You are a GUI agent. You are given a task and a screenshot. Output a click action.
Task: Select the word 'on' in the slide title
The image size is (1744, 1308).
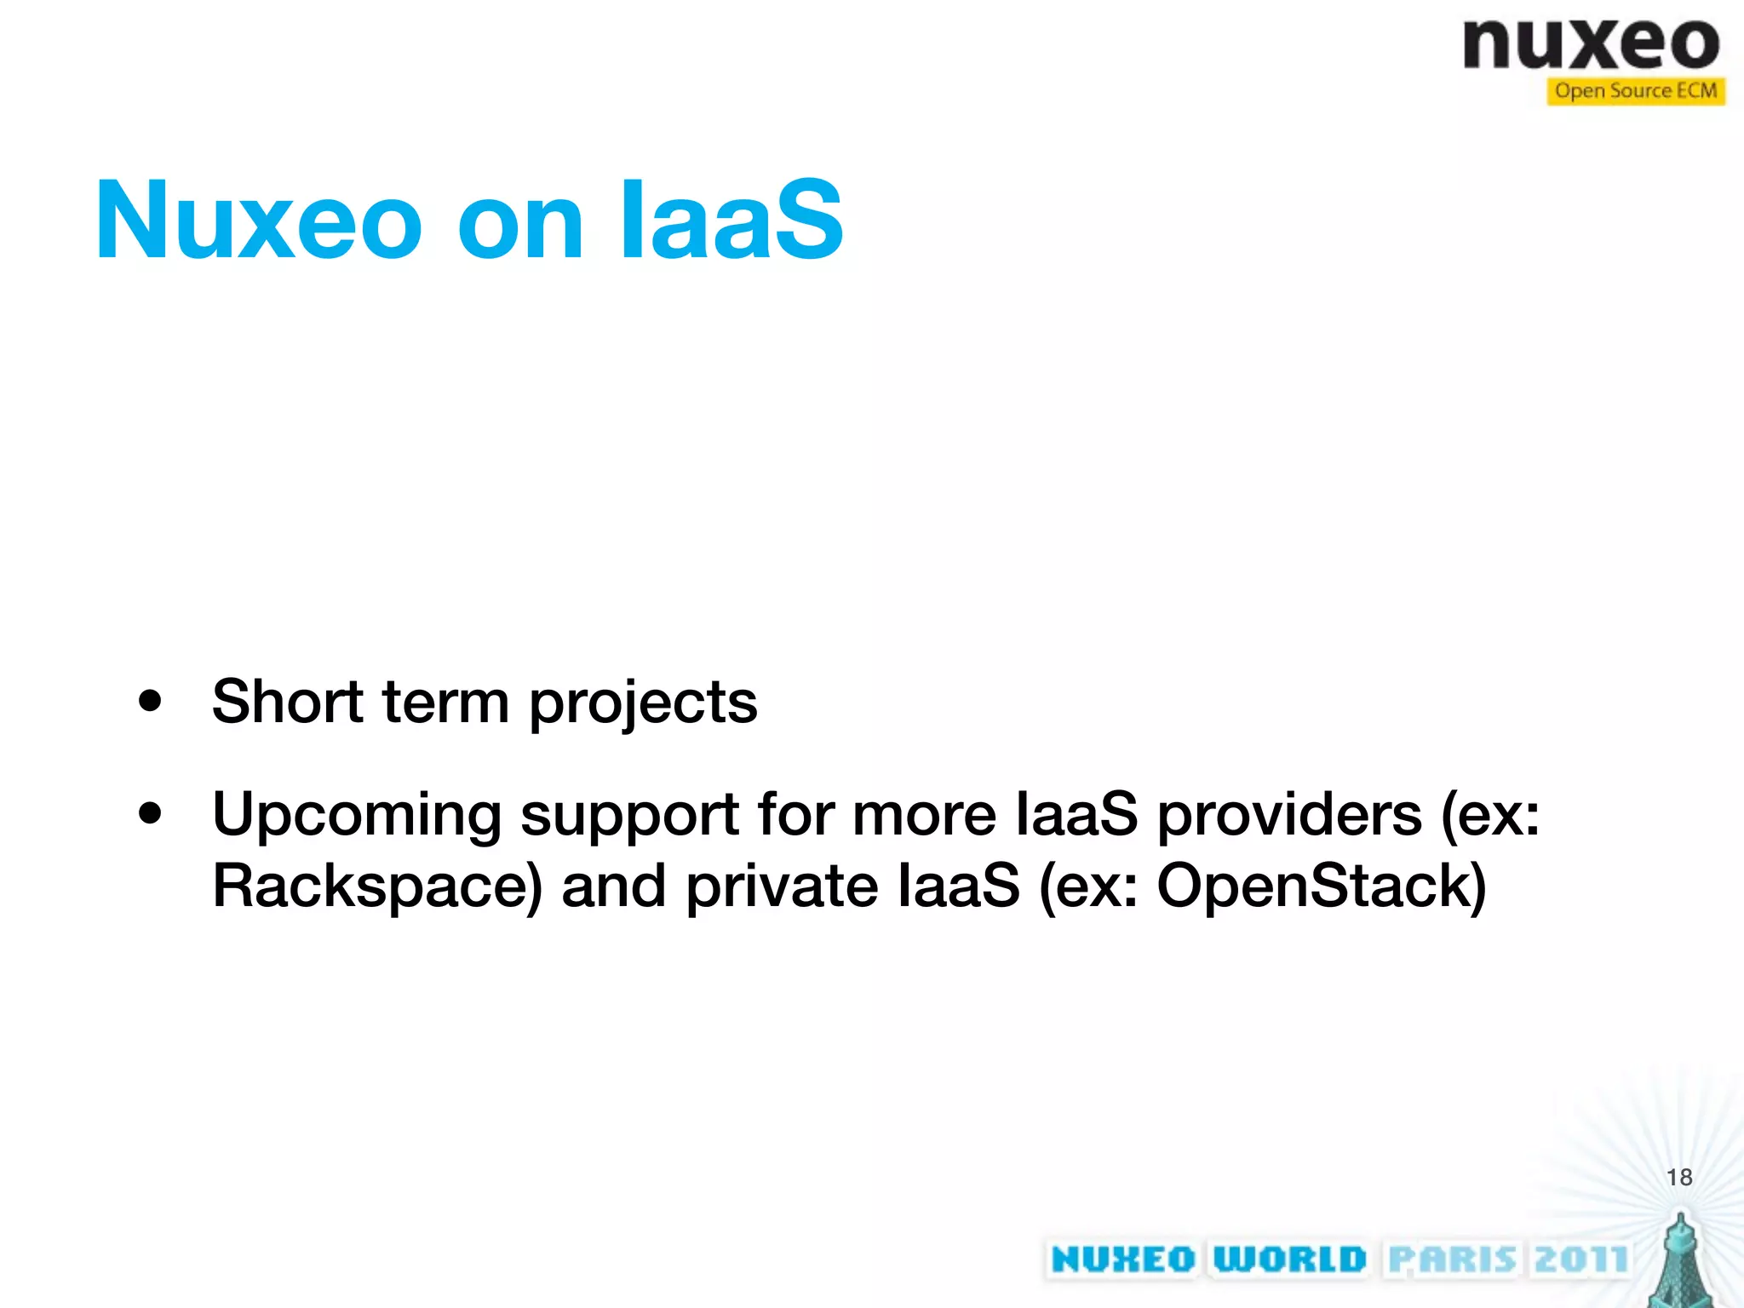click(519, 223)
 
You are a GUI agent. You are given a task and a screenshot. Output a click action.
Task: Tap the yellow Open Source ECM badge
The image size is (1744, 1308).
click(1635, 91)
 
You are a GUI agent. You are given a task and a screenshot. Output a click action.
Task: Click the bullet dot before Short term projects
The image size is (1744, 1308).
click(151, 702)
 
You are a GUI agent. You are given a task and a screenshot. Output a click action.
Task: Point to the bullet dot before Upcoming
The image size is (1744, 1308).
click(151, 814)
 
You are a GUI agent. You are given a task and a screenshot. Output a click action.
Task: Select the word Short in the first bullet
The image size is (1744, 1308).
click(288, 702)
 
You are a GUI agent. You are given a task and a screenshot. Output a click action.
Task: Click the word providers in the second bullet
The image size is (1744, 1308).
click(1289, 816)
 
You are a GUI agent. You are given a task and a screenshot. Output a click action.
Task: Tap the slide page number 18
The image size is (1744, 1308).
click(1679, 1177)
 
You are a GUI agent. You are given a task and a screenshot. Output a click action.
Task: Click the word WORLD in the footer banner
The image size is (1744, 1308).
click(1289, 1259)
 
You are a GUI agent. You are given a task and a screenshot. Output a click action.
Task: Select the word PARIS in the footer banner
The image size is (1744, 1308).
click(1452, 1259)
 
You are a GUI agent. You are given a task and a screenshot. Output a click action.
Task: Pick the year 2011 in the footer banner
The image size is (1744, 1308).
click(1580, 1259)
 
